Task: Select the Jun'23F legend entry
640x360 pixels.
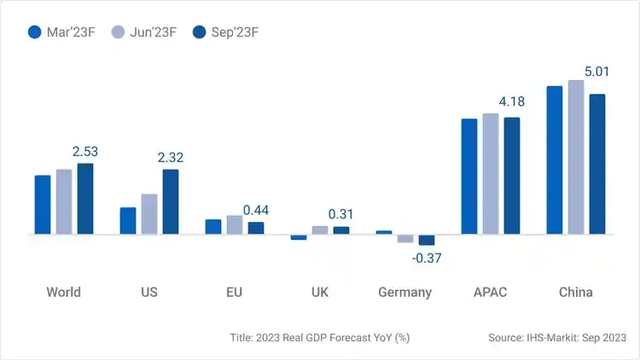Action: pyautogui.click(x=144, y=32)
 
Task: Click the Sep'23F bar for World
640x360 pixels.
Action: pyautogui.click(x=85, y=199)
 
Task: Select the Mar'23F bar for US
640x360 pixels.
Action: pyautogui.click(x=128, y=221)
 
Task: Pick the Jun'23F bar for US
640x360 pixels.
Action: pyautogui.click(x=149, y=214)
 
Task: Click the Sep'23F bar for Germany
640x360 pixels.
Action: pyautogui.click(x=427, y=240)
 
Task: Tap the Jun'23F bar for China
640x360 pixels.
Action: pyautogui.click(x=576, y=157)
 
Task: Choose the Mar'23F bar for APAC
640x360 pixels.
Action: pyautogui.click(x=469, y=177)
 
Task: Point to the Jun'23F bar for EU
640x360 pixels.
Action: pyautogui.click(x=235, y=224)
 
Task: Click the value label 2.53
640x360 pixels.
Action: pyautogui.click(x=85, y=152)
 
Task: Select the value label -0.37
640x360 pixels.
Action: pyautogui.click(x=427, y=258)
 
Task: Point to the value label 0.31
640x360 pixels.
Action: pyautogui.click(x=341, y=214)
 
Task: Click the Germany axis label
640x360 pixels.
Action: pyautogui.click(x=405, y=292)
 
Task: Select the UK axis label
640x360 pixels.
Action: pyautogui.click(x=320, y=292)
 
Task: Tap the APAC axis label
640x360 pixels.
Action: pyautogui.click(x=490, y=292)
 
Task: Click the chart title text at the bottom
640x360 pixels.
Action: pyautogui.click(x=320, y=338)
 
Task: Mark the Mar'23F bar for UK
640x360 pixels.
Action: pyautogui.click(x=299, y=237)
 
